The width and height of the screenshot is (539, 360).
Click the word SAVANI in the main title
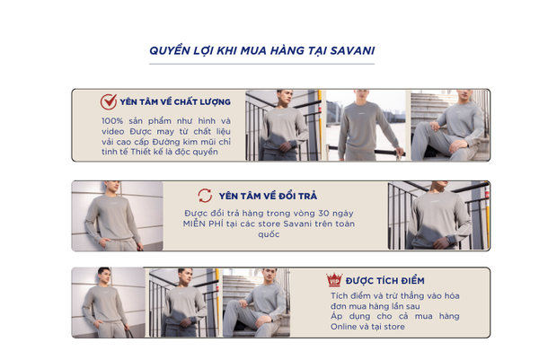352,51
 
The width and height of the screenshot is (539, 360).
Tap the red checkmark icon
109,101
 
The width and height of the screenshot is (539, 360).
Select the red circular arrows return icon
205,196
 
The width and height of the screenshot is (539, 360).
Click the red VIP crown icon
334,279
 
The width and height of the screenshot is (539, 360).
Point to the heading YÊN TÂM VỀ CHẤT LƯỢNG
175,102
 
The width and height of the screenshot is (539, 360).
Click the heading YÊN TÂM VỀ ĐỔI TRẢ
268,196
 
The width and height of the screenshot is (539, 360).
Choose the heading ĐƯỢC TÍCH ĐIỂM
385,281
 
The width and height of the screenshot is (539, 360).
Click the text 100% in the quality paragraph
112,121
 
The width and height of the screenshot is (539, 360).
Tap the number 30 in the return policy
323,214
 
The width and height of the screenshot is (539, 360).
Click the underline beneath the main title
261,64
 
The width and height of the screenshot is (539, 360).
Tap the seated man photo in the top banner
450,126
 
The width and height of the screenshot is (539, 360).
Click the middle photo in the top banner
366,126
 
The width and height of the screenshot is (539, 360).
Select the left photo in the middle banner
117,216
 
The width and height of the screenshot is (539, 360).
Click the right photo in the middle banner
438,215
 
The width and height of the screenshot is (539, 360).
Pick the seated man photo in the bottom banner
256,303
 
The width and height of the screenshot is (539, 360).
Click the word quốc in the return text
269,234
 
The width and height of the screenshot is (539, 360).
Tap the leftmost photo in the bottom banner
109,303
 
